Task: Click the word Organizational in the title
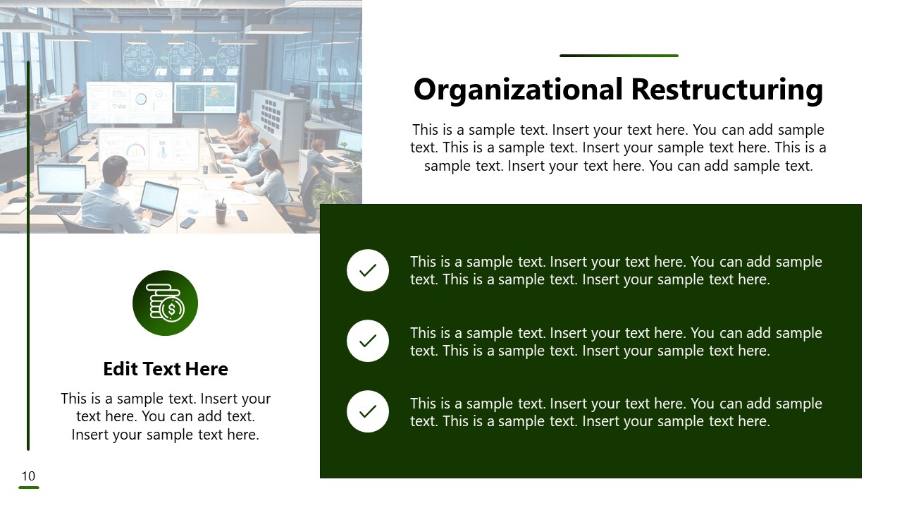[518, 90]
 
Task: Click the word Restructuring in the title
[727, 90]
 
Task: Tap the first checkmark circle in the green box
[368, 270]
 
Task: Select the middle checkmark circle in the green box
[368, 341]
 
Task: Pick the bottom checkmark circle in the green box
[368, 411]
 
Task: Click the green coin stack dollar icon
[165, 303]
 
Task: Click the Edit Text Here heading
[166, 369]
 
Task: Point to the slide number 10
[28, 476]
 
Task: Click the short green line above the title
[619, 56]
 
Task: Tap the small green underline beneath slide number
[28, 488]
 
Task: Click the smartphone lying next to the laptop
[187, 223]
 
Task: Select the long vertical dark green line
[28, 254]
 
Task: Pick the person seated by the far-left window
[73, 99]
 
